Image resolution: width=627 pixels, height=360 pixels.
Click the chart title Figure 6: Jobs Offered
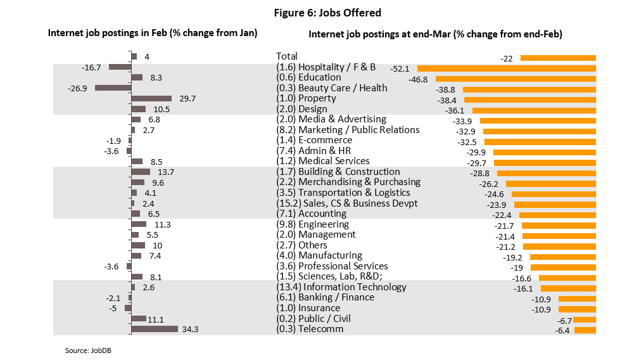tap(327, 13)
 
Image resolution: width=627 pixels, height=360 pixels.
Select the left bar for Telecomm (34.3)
tap(154, 329)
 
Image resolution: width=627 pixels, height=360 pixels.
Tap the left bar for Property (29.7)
tap(151, 98)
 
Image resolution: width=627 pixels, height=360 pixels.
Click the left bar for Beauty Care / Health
tap(113, 88)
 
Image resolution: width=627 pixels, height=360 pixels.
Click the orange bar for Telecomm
tap(585, 330)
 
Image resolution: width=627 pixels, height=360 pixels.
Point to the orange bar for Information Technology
tap(568, 288)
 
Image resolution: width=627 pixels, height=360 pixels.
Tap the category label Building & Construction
tap(348, 172)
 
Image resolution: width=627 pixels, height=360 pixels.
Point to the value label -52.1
tap(400, 68)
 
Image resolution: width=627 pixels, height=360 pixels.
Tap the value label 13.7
tap(164, 172)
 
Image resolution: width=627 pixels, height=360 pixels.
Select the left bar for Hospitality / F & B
tap(120, 67)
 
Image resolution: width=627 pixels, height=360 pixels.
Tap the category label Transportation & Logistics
tap(353, 193)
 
